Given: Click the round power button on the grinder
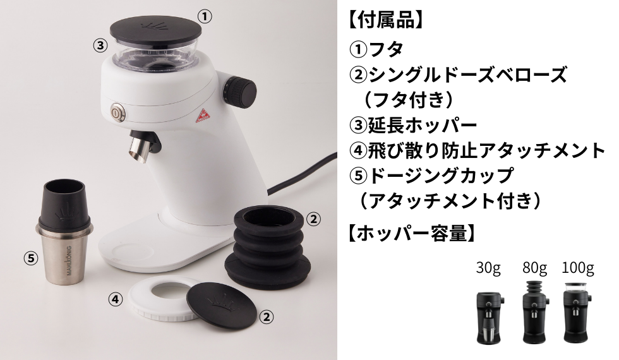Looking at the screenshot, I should pos(117,113).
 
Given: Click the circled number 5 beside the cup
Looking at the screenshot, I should pos(30,258).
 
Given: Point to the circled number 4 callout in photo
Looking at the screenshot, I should pos(114,299).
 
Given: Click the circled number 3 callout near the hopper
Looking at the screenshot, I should pos(99,45).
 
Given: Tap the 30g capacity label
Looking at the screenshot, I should pos(488,269).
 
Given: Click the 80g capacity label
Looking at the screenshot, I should pos(534,269).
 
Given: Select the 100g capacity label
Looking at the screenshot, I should pos(577,269).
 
